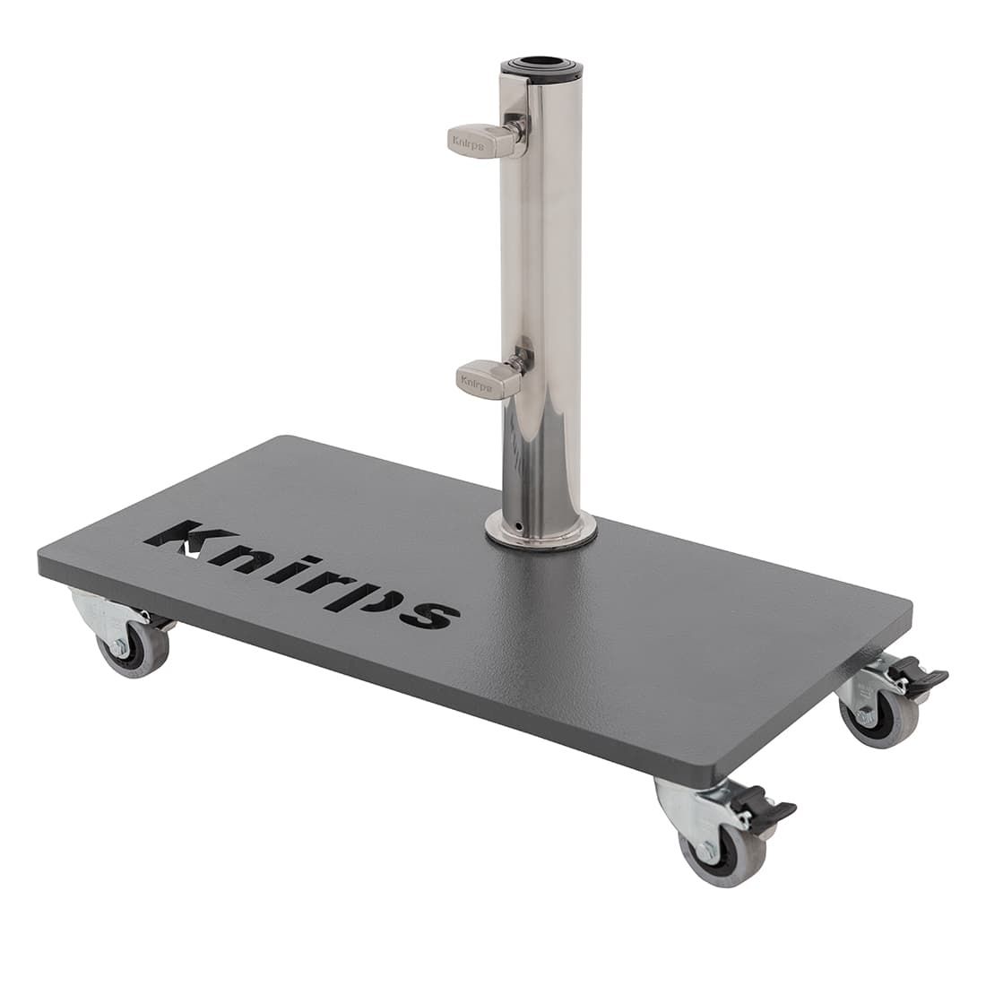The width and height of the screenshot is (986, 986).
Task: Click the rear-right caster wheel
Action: [x=878, y=715]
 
